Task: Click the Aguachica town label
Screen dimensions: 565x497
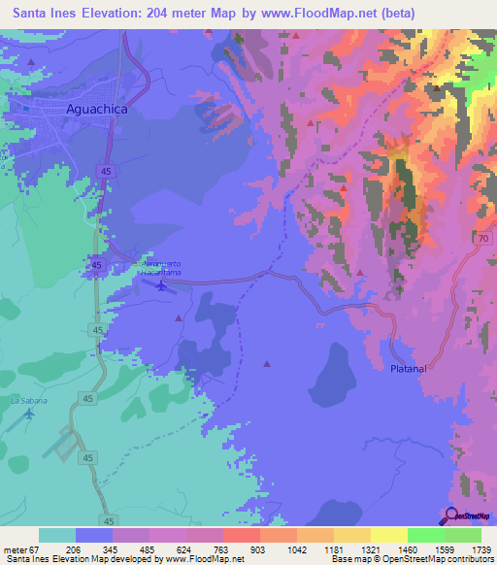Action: coord(96,110)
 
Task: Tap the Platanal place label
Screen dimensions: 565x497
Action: coord(409,370)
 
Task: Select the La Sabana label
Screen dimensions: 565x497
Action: coord(29,399)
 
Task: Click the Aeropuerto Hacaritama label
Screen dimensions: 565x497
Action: coord(162,268)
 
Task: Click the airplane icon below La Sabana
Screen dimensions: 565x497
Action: coord(29,414)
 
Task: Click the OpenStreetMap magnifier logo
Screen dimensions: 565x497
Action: coord(450,516)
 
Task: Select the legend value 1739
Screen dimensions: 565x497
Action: coord(480,549)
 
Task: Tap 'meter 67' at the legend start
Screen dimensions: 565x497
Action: coord(21,549)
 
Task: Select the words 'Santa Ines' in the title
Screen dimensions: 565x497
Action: coord(47,14)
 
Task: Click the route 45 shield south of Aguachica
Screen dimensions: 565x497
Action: coord(103,171)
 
